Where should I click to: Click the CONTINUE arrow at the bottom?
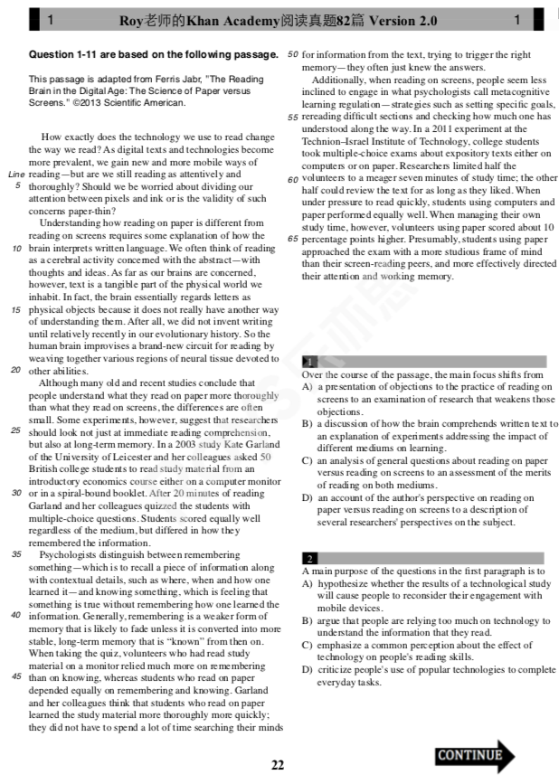click(474, 755)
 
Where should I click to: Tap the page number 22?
click(278, 765)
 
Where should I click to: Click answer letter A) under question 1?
click(308, 387)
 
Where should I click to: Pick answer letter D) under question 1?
click(308, 497)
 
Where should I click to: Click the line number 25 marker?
click(15, 430)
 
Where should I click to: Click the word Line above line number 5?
click(14, 174)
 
